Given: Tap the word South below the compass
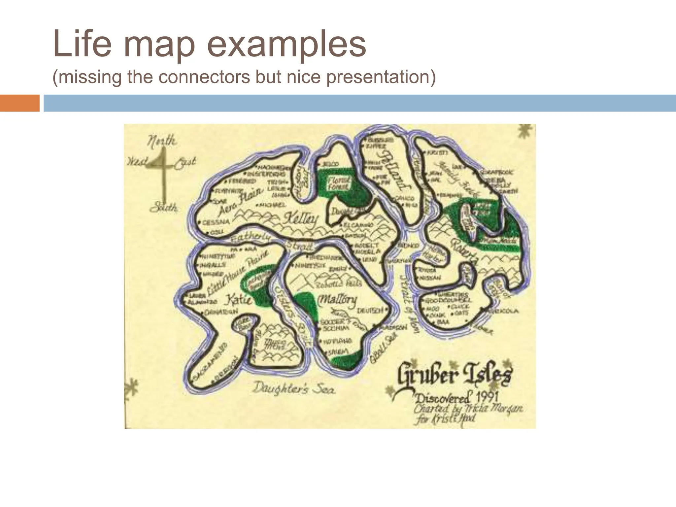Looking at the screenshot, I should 164,208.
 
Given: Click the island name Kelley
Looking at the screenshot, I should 301,219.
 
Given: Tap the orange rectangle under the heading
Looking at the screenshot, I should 19,103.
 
